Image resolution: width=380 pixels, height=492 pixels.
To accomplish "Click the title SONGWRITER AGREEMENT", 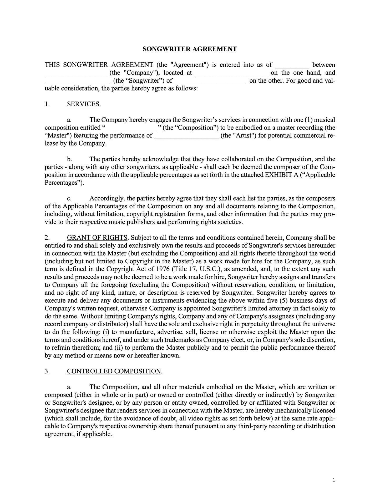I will tap(190, 49).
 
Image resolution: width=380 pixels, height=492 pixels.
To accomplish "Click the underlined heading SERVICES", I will tap(83, 104).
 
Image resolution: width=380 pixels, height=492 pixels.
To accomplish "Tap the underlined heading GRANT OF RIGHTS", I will tap(97, 238).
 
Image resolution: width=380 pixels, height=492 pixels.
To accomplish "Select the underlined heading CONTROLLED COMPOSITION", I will tap(114, 371).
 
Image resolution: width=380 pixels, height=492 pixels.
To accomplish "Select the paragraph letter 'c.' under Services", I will tap(69, 198).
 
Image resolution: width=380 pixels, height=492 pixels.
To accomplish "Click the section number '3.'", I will tap(47, 371).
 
